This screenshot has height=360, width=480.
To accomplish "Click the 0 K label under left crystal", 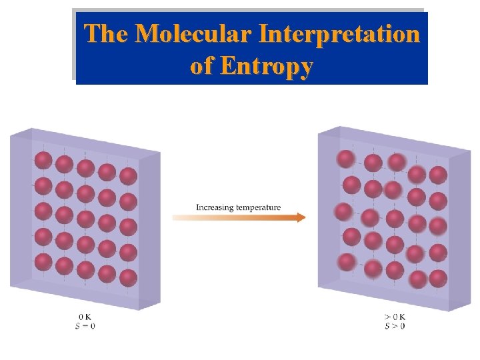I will click(x=85, y=317).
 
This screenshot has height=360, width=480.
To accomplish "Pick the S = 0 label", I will click(x=85, y=325).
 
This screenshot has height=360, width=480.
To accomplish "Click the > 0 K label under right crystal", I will click(x=395, y=317).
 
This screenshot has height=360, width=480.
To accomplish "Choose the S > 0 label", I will click(x=395, y=325).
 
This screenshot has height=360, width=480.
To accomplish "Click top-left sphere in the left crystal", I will click(x=43, y=161).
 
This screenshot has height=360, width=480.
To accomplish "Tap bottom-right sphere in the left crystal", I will click(x=128, y=278).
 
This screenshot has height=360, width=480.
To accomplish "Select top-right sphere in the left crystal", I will click(x=128, y=176).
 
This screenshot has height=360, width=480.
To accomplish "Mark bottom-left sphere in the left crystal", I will click(x=43, y=262).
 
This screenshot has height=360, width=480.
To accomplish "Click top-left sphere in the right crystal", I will click(x=345, y=159).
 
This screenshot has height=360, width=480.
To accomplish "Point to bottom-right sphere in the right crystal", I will click(x=438, y=279).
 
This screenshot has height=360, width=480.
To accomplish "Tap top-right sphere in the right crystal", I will click(x=438, y=175).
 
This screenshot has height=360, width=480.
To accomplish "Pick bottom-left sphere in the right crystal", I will click(x=347, y=262).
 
